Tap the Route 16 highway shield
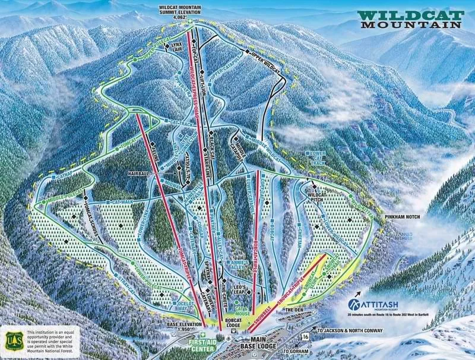pyautogui.click(x=305, y=337)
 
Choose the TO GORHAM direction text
pyautogui.click(x=297, y=351)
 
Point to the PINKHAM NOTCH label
pyautogui.click(x=404, y=218)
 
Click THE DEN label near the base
pyautogui.click(x=294, y=310)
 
